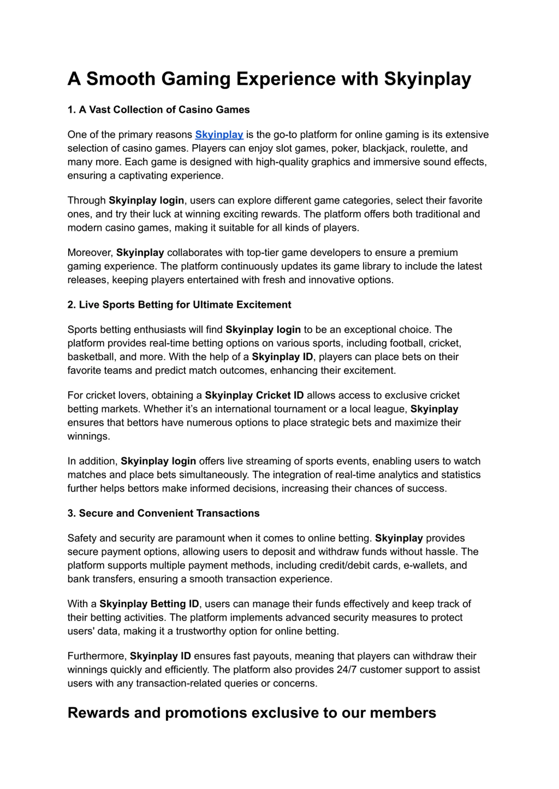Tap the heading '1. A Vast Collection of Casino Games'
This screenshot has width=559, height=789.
(158, 110)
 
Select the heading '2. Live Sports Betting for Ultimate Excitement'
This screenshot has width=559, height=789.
(179, 305)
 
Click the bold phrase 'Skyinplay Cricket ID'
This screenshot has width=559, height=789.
(254, 395)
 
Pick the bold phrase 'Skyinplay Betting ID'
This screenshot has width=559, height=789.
(149, 604)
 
